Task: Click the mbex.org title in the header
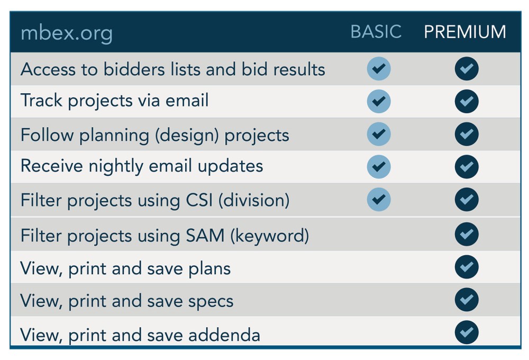pyautogui.click(x=67, y=33)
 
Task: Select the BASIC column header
pyautogui.click(x=376, y=32)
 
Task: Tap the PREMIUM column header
pyautogui.click(x=465, y=32)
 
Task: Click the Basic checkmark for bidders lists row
pyautogui.click(x=379, y=68)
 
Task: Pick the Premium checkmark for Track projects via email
pyautogui.click(x=467, y=101)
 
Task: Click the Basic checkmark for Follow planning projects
pyautogui.click(x=379, y=134)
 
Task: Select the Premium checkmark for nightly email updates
pyautogui.click(x=467, y=166)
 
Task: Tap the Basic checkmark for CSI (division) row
pyautogui.click(x=379, y=199)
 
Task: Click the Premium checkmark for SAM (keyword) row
pyautogui.click(x=467, y=234)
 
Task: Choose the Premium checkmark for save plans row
pyautogui.click(x=467, y=267)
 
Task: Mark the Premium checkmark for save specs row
pyautogui.click(x=467, y=300)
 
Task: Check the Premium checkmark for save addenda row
pyautogui.click(x=467, y=332)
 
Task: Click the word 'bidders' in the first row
pyautogui.click(x=134, y=69)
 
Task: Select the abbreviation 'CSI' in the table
pyautogui.click(x=199, y=200)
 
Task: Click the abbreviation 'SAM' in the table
pyautogui.click(x=205, y=236)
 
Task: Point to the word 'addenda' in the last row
pyautogui.click(x=224, y=335)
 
